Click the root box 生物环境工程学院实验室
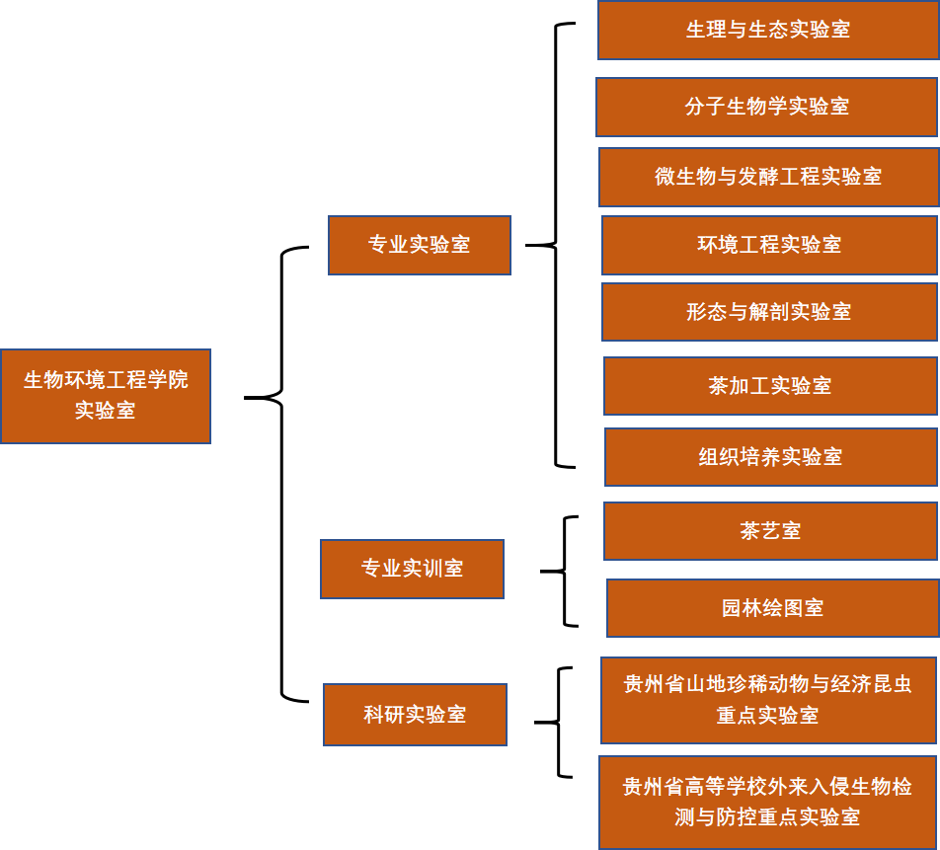(x=105, y=395)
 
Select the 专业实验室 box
(x=419, y=245)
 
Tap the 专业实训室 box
(x=412, y=569)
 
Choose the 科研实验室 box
(x=415, y=715)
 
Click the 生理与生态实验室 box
(x=768, y=30)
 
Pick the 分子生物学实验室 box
(x=766, y=107)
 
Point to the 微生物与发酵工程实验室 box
(x=768, y=177)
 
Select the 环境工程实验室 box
(x=769, y=245)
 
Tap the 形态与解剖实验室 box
(x=769, y=312)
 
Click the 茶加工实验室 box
(x=770, y=386)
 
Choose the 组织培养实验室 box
(x=770, y=457)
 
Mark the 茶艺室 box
(x=770, y=531)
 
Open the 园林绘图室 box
(x=772, y=608)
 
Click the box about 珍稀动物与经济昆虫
(x=768, y=700)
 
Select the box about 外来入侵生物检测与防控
(x=767, y=802)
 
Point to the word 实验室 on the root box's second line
(x=105, y=411)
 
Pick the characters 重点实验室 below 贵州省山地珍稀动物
(x=767, y=716)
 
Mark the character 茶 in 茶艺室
(x=750, y=531)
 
